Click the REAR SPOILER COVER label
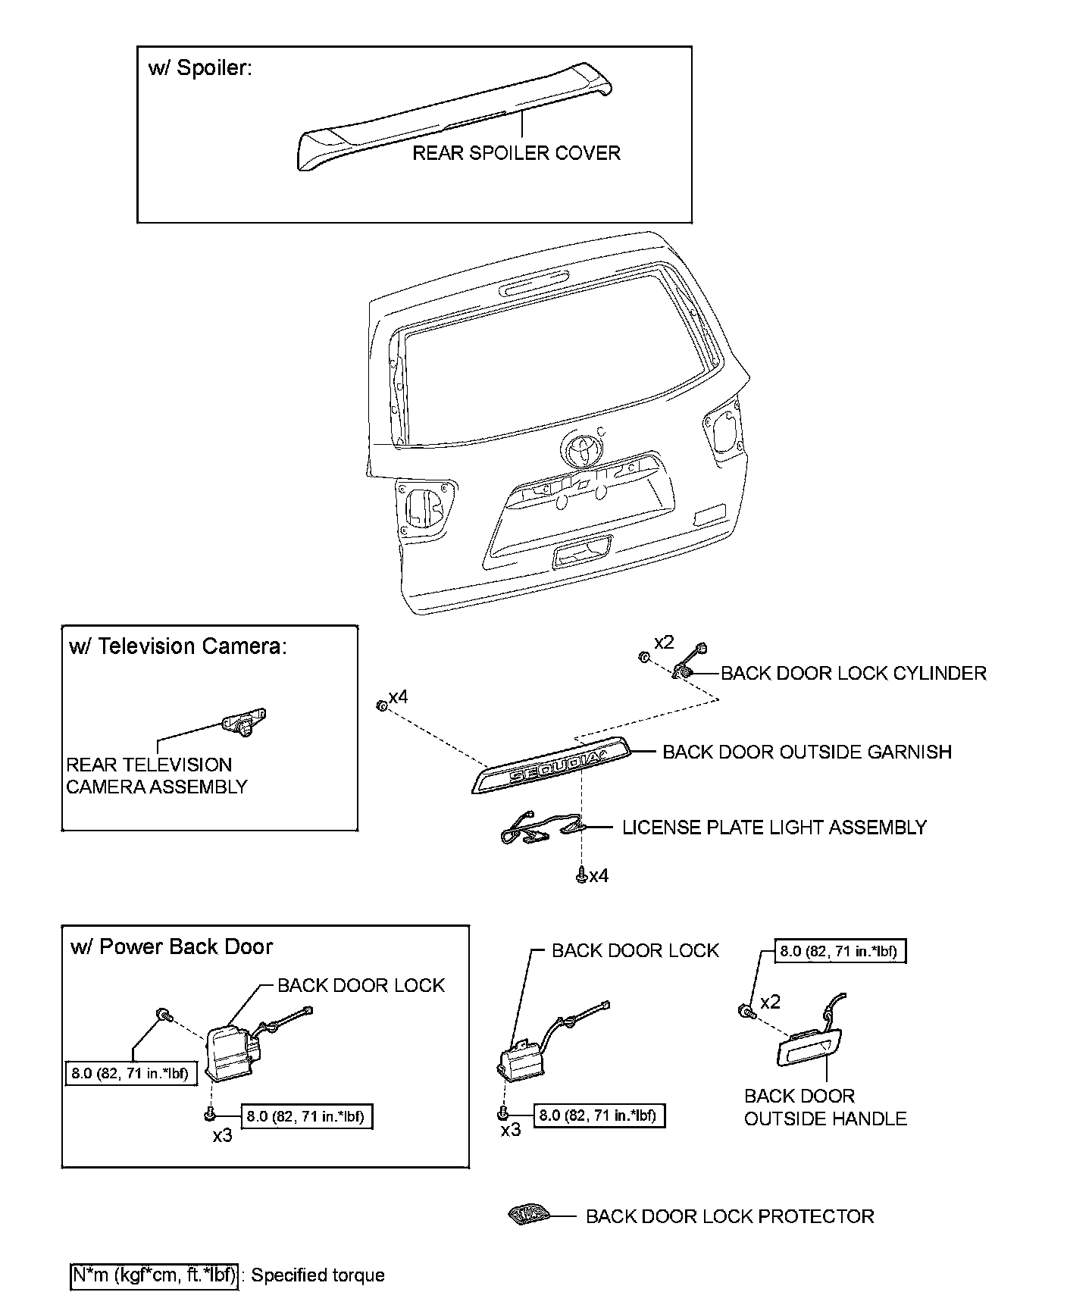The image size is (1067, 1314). (516, 153)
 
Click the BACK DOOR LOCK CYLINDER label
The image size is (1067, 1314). (853, 673)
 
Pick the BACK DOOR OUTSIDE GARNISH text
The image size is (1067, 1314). (807, 752)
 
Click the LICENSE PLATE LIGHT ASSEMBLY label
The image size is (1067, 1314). (774, 827)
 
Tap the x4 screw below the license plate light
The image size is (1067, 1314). (581, 875)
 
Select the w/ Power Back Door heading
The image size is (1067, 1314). (171, 946)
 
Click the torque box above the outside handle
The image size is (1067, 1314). (840, 952)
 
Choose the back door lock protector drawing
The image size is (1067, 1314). (527, 1215)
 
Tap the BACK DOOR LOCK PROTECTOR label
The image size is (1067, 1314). (730, 1216)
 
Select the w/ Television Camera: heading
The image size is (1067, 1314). (178, 646)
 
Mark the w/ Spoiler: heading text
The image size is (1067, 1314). (200, 68)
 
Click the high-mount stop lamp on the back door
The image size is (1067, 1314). (533, 286)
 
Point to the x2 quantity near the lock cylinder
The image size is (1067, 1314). (663, 642)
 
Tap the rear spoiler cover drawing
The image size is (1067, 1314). (455, 121)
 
